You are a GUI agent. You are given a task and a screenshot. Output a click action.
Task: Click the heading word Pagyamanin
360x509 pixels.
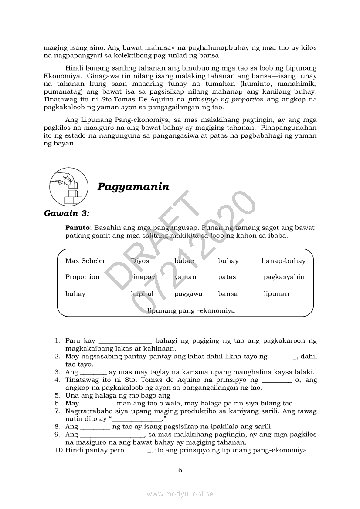[x=133, y=187]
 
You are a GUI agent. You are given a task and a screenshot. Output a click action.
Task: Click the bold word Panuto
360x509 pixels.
[x=77, y=228]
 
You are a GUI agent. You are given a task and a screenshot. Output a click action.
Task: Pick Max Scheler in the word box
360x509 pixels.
[x=85, y=261]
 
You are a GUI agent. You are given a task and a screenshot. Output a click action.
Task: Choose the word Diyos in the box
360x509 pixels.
[x=140, y=261]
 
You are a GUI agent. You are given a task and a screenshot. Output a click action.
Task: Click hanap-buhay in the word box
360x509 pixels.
[x=283, y=261]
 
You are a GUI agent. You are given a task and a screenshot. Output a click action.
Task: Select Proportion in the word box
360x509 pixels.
[x=82, y=277]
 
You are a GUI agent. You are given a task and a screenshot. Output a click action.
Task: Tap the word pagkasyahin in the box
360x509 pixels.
[x=284, y=277]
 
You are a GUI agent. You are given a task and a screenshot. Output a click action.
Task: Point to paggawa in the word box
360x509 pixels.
[x=188, y=294]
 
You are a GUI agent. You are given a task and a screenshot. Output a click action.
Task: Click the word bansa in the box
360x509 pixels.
[x=228, y=294]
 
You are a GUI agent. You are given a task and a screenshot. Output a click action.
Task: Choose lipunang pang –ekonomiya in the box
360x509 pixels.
[x=191, y=310]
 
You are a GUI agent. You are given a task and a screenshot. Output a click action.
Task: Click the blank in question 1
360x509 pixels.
[x=126, y=341]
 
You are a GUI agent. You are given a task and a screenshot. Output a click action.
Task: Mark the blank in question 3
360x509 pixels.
[x=93, y=373]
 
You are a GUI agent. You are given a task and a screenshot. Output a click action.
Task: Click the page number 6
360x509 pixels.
[x=180, y=470]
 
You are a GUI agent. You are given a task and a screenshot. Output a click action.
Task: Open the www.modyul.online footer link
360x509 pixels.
[x=180, y=494]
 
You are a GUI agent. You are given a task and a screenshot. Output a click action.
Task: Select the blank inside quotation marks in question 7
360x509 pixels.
[x=137, y=419]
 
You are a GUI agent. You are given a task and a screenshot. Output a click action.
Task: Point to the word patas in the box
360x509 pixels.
[x=227, y=277]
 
